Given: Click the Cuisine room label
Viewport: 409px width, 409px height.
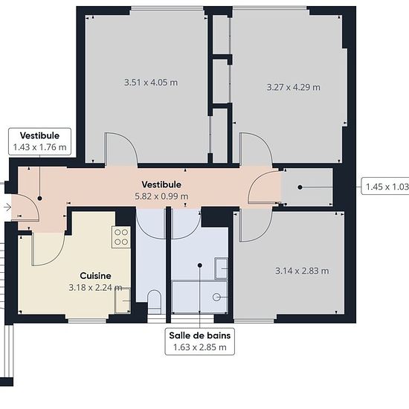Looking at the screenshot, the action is click(95, 276).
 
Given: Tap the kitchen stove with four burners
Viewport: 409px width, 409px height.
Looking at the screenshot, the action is click(121, 236).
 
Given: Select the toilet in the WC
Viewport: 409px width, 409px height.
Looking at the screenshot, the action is click(154, 301).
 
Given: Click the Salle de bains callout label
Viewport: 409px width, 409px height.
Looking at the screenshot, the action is click(200, 341).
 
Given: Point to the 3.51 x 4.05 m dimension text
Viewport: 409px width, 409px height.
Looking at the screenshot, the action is click(151, 83).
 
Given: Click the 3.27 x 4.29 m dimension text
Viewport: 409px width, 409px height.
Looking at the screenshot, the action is click(294, 87).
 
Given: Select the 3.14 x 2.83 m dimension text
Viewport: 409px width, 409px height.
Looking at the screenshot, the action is click(302, 271).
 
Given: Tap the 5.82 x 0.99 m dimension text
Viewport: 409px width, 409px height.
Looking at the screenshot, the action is click(161, 196).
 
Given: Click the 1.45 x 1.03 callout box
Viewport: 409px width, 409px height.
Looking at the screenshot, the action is click(385, 187).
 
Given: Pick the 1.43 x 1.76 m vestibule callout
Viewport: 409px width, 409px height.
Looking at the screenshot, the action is click(39, 141).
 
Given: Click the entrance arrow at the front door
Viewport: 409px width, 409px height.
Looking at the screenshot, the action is click(7, 207).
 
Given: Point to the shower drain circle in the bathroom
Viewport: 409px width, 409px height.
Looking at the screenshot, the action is click(216, 297).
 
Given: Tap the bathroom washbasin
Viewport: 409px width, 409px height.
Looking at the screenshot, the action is click(221, 268).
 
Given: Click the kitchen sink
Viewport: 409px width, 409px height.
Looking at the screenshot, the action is click(123, 300).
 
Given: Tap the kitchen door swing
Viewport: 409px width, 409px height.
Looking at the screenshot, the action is click(48, 249).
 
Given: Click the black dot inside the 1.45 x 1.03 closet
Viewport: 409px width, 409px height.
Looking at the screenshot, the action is click(300, 187).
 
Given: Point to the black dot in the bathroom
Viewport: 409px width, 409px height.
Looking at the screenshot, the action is click(200, 265).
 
